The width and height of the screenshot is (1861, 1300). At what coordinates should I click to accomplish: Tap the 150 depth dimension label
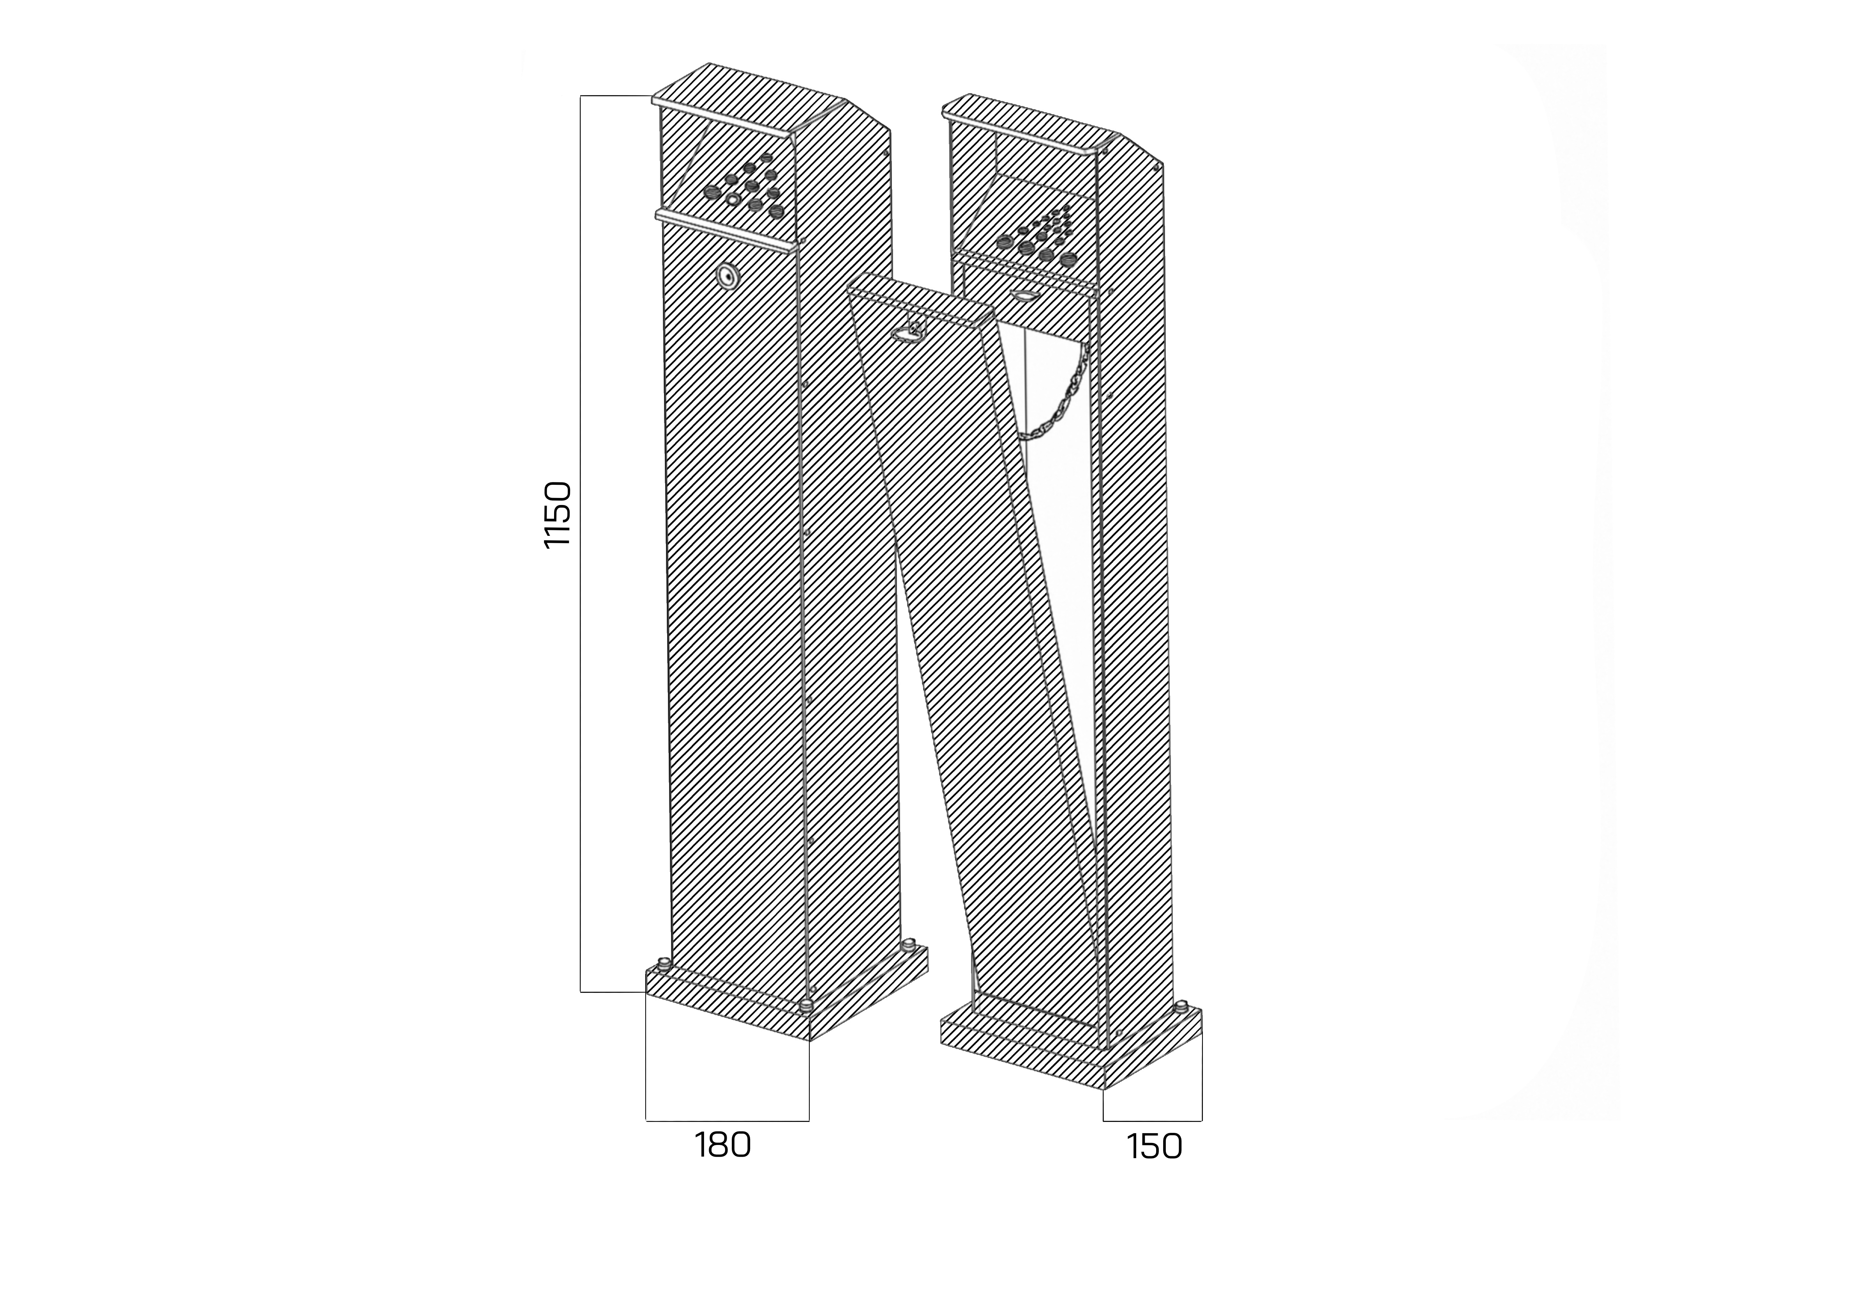click(1154, 1147)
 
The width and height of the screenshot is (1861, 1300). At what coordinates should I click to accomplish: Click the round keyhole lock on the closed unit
click(728, 276)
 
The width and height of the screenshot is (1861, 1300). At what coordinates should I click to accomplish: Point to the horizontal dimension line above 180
click(727, 1121)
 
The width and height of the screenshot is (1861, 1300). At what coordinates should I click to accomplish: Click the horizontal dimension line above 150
click(1153, 1121)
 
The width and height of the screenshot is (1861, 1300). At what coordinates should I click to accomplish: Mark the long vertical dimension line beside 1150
click(580, 543)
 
